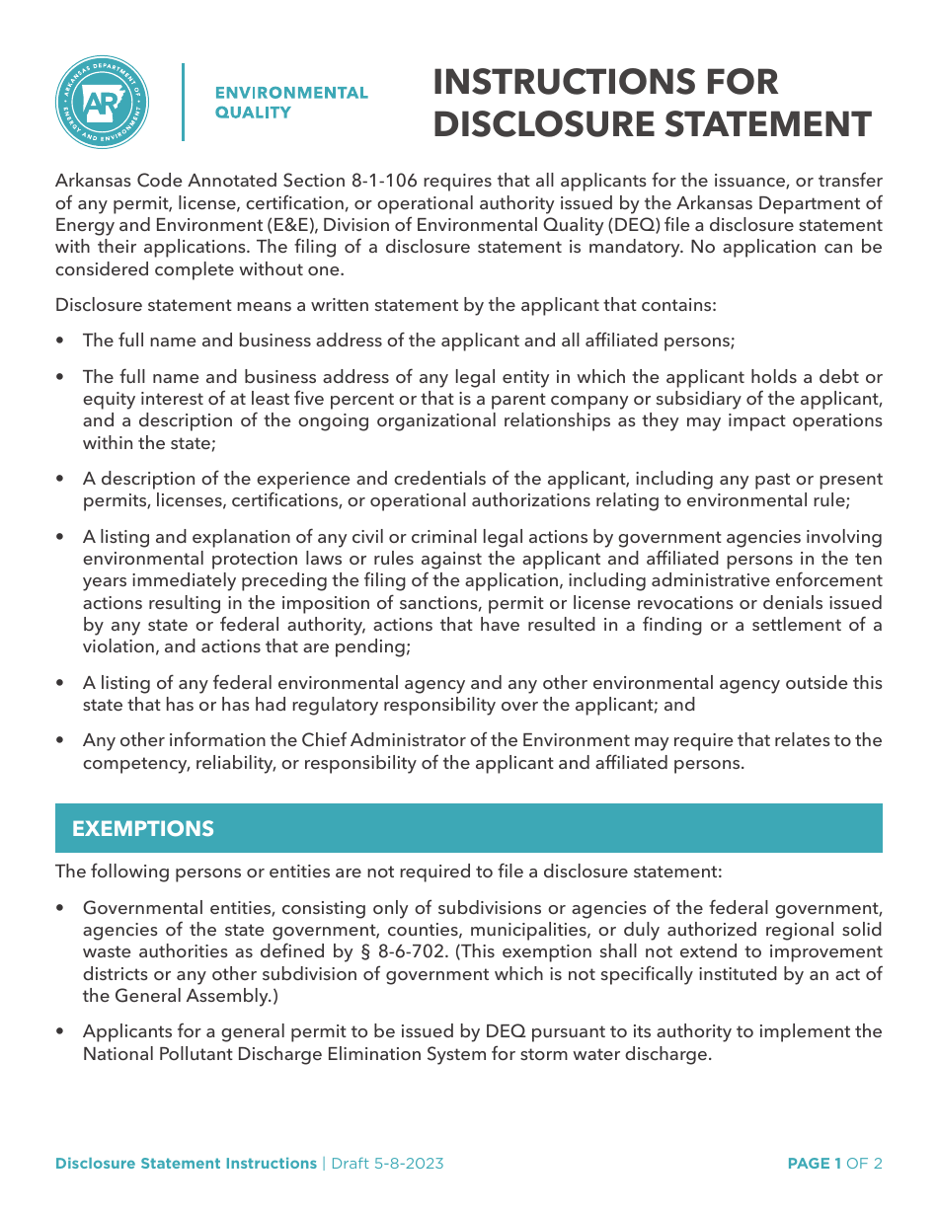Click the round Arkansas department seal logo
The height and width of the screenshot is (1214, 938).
[102, 103]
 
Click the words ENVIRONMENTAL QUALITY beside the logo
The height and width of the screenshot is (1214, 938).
[291, 103]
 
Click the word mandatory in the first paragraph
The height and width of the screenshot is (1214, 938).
[632, 247]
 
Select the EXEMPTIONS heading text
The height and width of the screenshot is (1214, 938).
[143, 829]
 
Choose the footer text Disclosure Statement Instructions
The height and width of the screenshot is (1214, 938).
[186, 1164]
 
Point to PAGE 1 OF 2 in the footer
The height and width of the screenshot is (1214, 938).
[834, 1164]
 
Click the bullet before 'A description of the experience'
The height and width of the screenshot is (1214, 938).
[61, 480]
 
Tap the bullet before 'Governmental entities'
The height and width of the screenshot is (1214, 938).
[61, 908]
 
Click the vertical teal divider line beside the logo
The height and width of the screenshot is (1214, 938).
[183, 102]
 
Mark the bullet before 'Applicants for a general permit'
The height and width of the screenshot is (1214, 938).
[61, 1032]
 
